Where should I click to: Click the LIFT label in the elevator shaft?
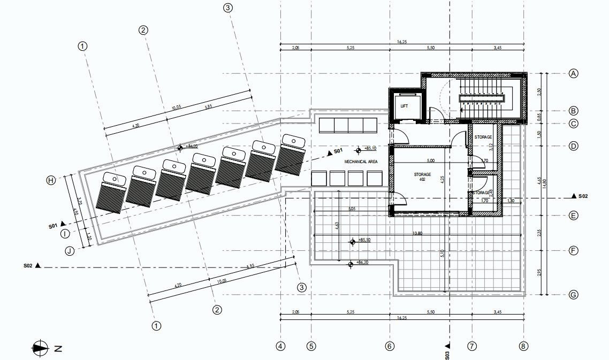404,106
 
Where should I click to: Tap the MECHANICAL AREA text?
361,161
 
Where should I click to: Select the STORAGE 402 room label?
422,177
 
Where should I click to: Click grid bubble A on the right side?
573,73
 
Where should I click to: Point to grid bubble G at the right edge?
573,295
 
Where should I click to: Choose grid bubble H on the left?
51,180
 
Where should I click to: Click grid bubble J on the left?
69,250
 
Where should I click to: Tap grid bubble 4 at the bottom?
280,346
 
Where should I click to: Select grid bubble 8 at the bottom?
523,346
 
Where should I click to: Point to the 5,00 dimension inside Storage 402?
430,160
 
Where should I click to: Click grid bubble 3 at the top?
229,8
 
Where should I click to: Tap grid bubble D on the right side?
573,145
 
